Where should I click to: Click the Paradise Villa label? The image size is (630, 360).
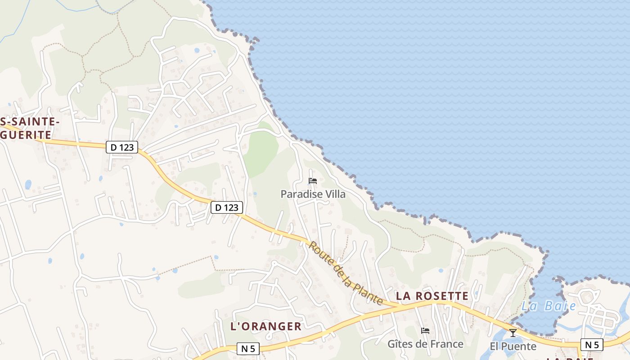[313, 194]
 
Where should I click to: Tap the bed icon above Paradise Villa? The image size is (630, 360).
[313, 181]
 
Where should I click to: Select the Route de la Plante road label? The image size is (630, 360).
[346, 273]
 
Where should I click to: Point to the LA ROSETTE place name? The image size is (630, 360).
[432, 296]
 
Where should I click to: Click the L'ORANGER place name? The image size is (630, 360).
[265, 327]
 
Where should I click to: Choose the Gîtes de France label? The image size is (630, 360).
[425, 344]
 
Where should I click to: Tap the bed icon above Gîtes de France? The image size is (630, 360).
[425, 331]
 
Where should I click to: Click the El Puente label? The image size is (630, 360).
[513, 346]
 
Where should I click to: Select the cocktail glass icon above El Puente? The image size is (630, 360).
[513, 333]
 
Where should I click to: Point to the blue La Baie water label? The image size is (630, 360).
[549, 306]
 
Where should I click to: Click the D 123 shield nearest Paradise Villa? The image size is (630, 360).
[227, 207]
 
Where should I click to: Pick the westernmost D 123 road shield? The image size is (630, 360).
[122, 147]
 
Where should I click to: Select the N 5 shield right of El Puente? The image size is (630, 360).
[592, 345]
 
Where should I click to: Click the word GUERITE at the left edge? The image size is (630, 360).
[26, 135]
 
